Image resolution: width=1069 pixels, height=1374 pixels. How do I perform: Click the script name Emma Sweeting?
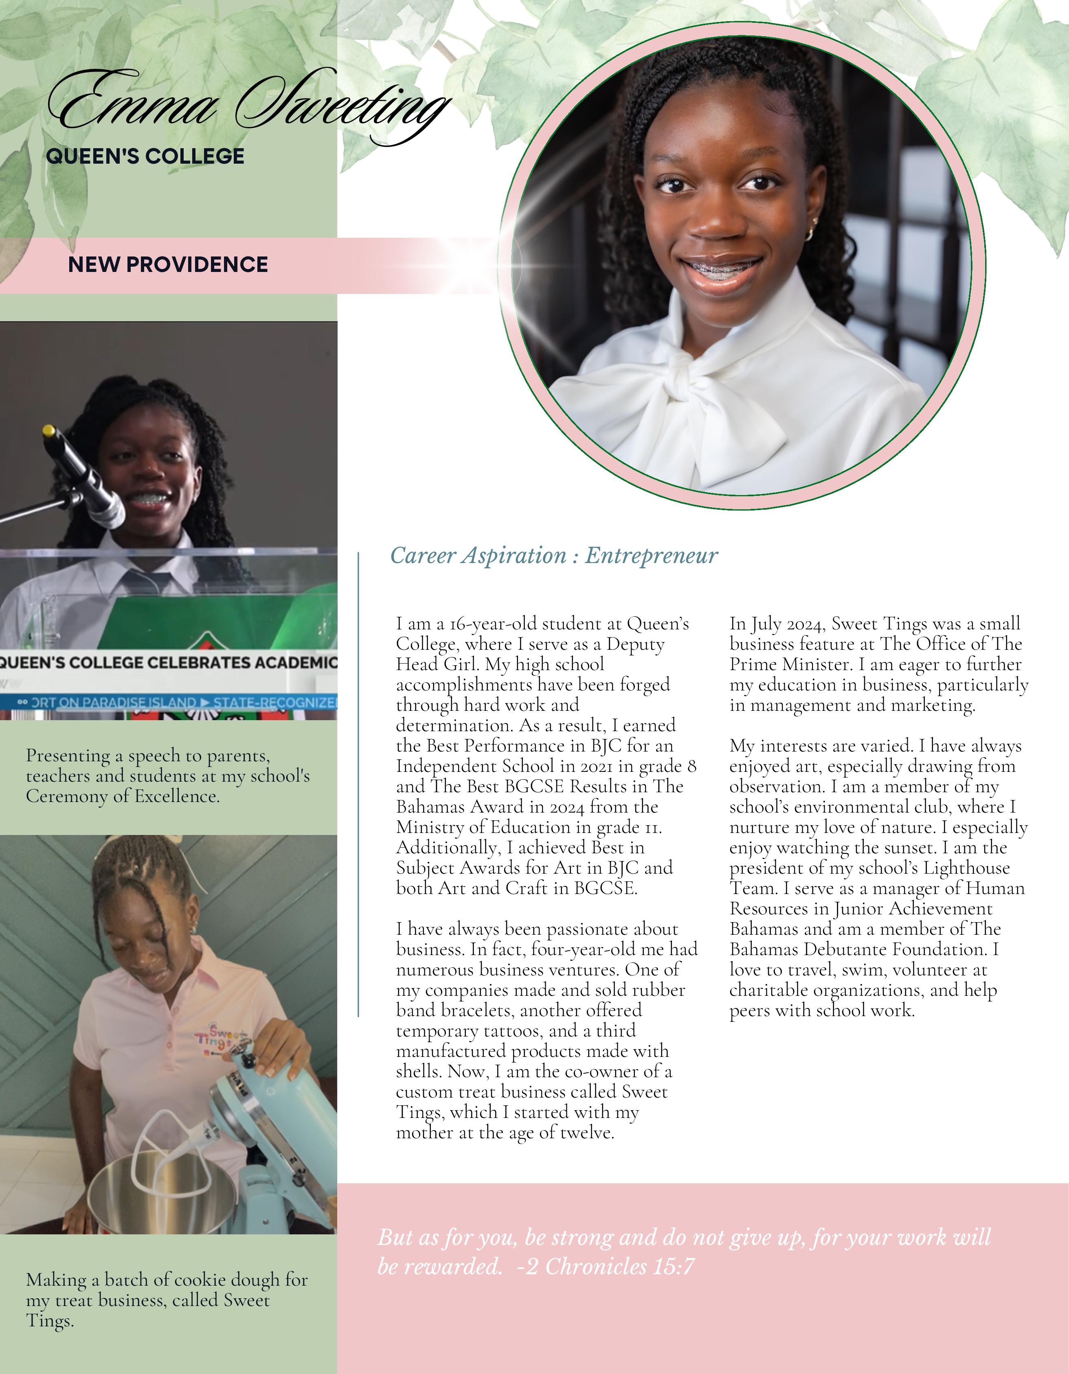(x=248, y=104)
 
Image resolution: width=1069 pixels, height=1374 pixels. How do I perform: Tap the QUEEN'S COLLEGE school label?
(x=145, y=156)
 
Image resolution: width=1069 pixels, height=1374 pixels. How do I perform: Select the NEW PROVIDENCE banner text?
(x=168, y=264)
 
